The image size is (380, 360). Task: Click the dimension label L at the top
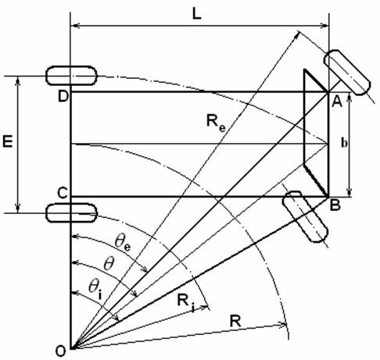click(197, 15)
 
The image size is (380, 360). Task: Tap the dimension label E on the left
click(8, 142)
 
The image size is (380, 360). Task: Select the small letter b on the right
click(344, 143)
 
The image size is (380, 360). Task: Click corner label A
click(337, 102)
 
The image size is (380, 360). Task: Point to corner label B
click(335, 205)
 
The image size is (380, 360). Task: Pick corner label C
click(63, 194)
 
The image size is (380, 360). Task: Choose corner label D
click(63, 97)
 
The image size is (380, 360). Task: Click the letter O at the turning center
click(60, 351)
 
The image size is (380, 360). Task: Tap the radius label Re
click(216, 122)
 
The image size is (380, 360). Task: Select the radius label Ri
click(185, 302)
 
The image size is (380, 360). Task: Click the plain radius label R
click(235, 321)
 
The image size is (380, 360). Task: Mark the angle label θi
click(95, 288)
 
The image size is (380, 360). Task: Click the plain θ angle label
click(109, 264)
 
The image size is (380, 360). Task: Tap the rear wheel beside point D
click(71, 76)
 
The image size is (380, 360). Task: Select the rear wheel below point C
click(71, 213)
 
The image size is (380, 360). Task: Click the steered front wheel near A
click(347, 72)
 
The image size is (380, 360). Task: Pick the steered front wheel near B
click(305, 217)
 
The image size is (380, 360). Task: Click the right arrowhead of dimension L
click(325, 26)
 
